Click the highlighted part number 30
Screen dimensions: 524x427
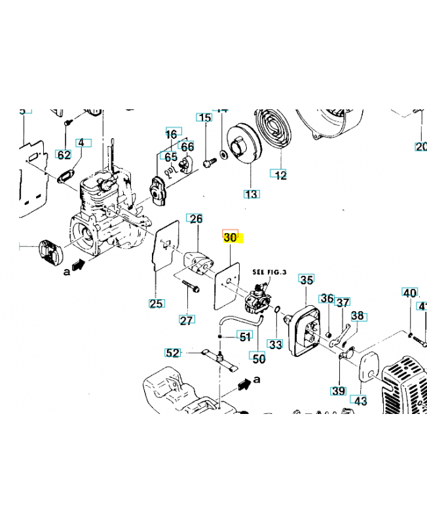[231, 238]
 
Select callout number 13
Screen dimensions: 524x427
[251, 194]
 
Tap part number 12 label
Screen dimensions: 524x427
[280, 175]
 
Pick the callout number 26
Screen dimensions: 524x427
[196, 219]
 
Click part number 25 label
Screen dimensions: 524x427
[157, 303]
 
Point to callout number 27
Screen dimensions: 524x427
[187, 320]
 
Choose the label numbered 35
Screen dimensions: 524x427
[306, 280]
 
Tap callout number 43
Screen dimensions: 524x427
[361, 399]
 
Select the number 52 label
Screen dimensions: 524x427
[172, 353]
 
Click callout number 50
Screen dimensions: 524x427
[259, 358]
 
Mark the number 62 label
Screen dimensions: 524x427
[64, 155]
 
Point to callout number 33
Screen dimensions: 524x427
[276, 343]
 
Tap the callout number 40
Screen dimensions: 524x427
[409, 293]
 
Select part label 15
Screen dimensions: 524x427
[205, 118]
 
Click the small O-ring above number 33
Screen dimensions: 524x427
[278, 309]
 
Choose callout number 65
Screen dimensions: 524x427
[171, 157]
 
